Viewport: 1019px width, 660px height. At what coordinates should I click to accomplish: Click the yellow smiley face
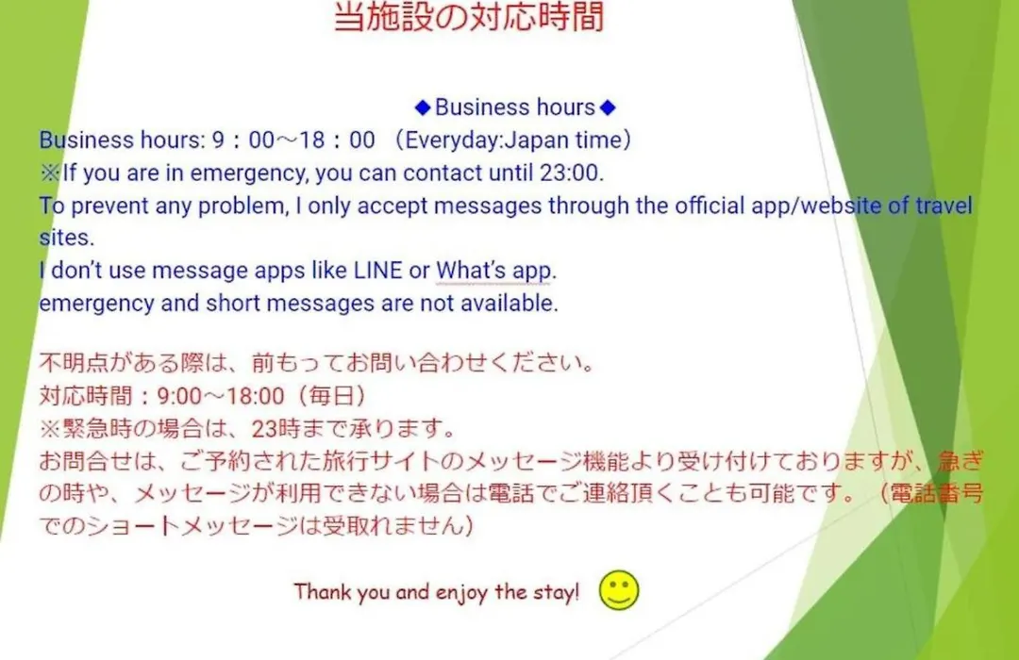[x=619, y=590]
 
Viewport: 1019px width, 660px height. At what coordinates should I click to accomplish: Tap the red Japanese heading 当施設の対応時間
[x=469, y=16]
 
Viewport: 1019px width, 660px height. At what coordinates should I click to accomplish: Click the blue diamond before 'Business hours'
[x=423, y=107]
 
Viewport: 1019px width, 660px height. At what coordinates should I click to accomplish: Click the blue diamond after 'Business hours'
[x=608, y=107]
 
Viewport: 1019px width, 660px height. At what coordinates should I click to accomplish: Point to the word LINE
[x=377, y=271]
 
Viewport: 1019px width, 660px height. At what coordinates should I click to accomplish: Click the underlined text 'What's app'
[x=493, y=271]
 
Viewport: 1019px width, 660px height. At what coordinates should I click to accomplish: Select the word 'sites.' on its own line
[x=66, y=238]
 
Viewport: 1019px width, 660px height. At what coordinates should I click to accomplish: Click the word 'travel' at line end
[x=944, y=206]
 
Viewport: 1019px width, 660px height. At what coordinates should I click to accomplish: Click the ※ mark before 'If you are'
[x=50, y=173]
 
